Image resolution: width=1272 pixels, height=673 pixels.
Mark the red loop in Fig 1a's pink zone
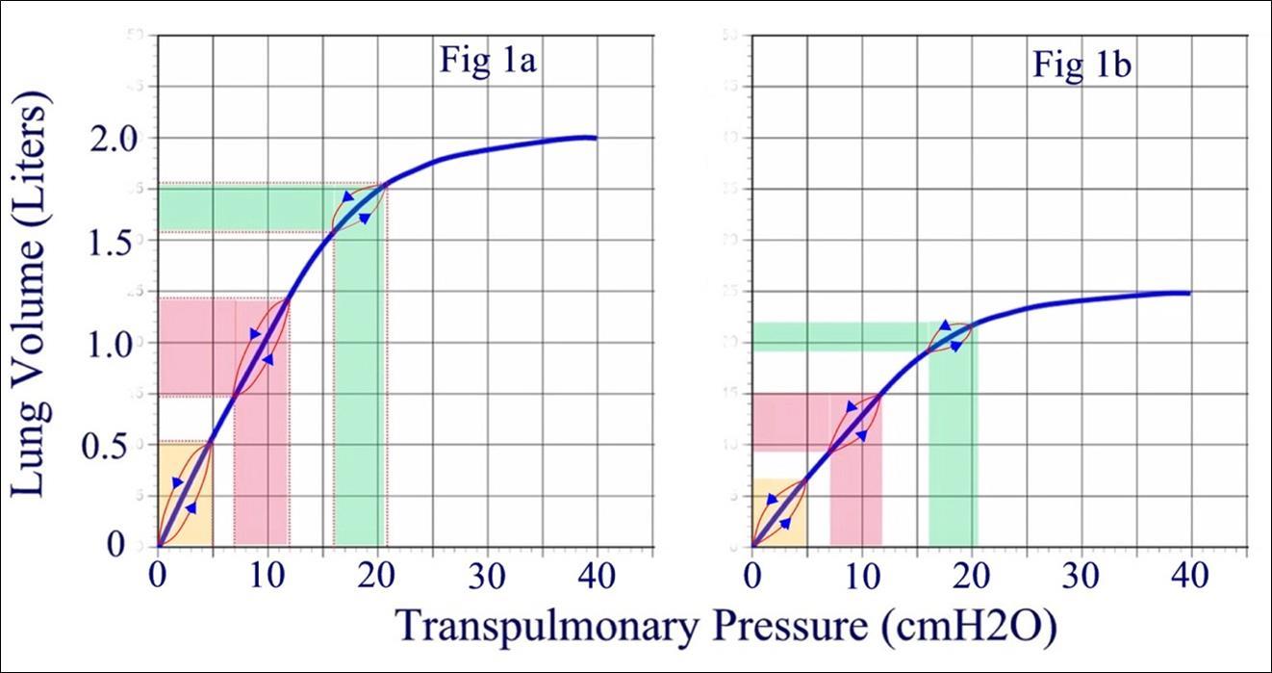tap(262, 347)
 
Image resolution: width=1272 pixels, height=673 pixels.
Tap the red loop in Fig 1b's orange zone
tap(779, 512)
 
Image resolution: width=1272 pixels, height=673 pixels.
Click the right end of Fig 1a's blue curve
tap(596, 138)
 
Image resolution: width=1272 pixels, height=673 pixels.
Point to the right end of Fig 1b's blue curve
tap(1189, 293)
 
